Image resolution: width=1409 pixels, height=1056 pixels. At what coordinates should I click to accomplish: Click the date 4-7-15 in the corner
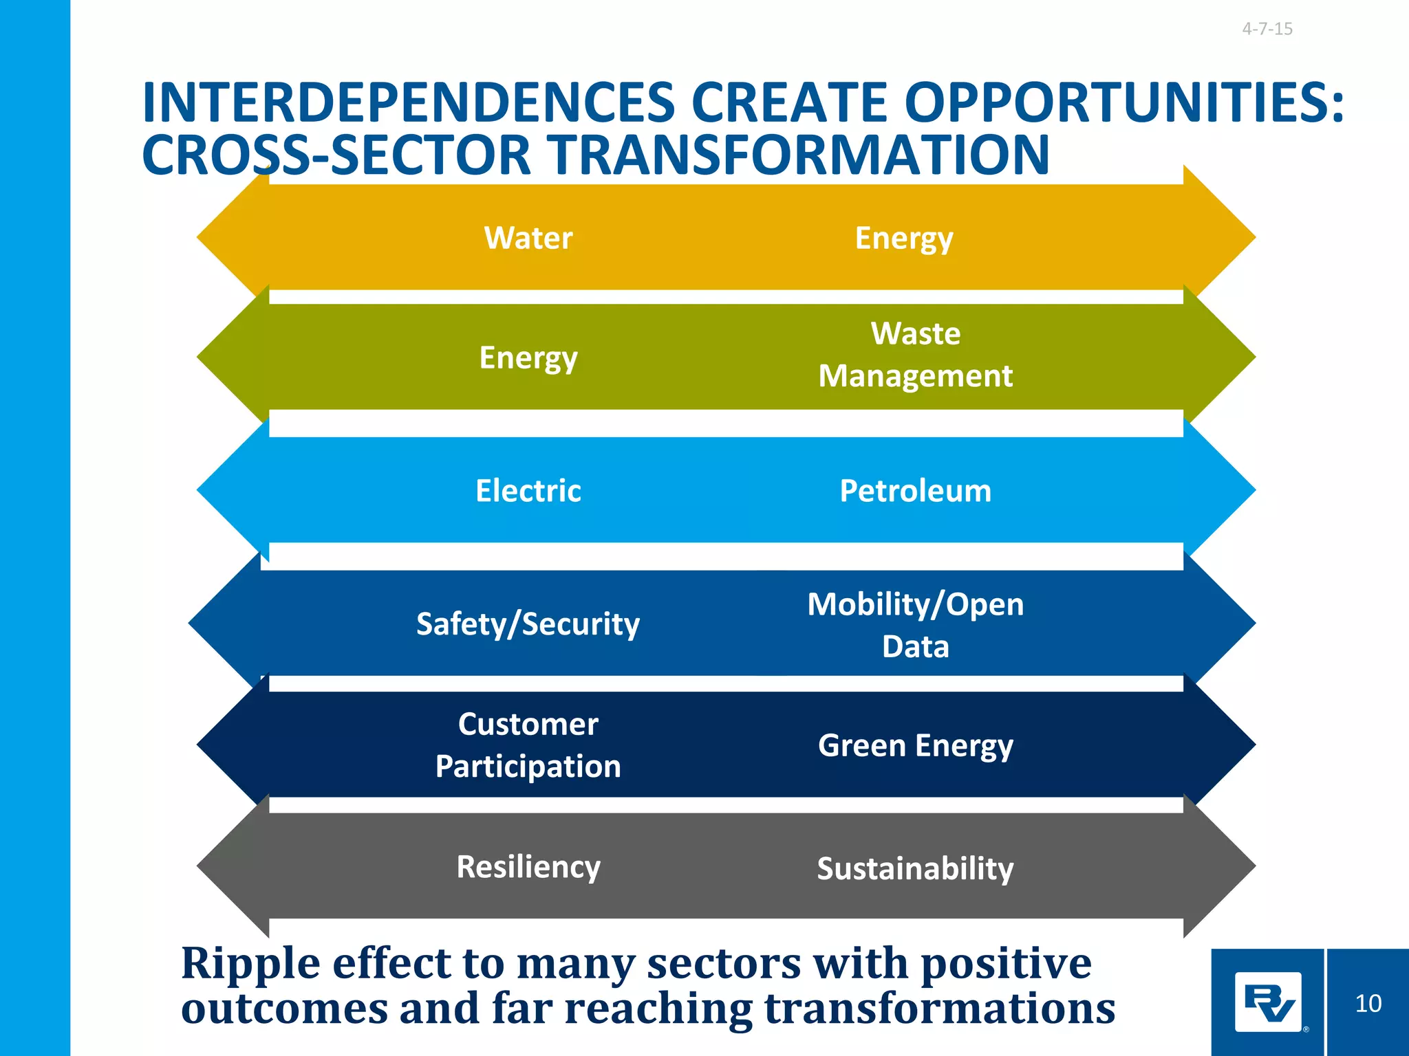[x=1267, y=29]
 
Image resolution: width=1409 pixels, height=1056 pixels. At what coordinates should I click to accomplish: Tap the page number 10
[x=1368, y=1004]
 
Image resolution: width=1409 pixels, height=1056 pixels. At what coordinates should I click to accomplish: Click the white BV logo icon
[x=1268, y=1002]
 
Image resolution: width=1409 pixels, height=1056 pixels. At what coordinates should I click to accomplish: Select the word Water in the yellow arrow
[x=528, y=238]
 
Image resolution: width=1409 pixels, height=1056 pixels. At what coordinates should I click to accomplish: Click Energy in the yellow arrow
[x=903, y=239]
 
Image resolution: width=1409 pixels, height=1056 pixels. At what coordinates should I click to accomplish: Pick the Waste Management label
[x=915, y=355]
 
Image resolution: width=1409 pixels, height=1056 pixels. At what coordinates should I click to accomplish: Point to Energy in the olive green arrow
[x=528, y=358]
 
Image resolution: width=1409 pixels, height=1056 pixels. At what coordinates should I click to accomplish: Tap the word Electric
[x=528, y=491]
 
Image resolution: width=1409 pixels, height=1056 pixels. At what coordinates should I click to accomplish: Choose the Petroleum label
[x=915, y=491]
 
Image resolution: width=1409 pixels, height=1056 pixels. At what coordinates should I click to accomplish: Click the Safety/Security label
[x=528, y=624]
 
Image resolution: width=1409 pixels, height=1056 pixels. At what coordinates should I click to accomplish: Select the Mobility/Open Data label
[x=915, y=625]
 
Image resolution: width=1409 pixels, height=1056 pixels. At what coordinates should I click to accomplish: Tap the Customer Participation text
[x=528, y=745]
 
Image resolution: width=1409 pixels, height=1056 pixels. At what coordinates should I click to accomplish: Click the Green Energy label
[x=915, y=746]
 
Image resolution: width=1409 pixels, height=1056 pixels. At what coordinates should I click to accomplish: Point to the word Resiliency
[x=528, y=867]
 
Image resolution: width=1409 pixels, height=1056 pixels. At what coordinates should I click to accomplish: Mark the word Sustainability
[x=915, y=868]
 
